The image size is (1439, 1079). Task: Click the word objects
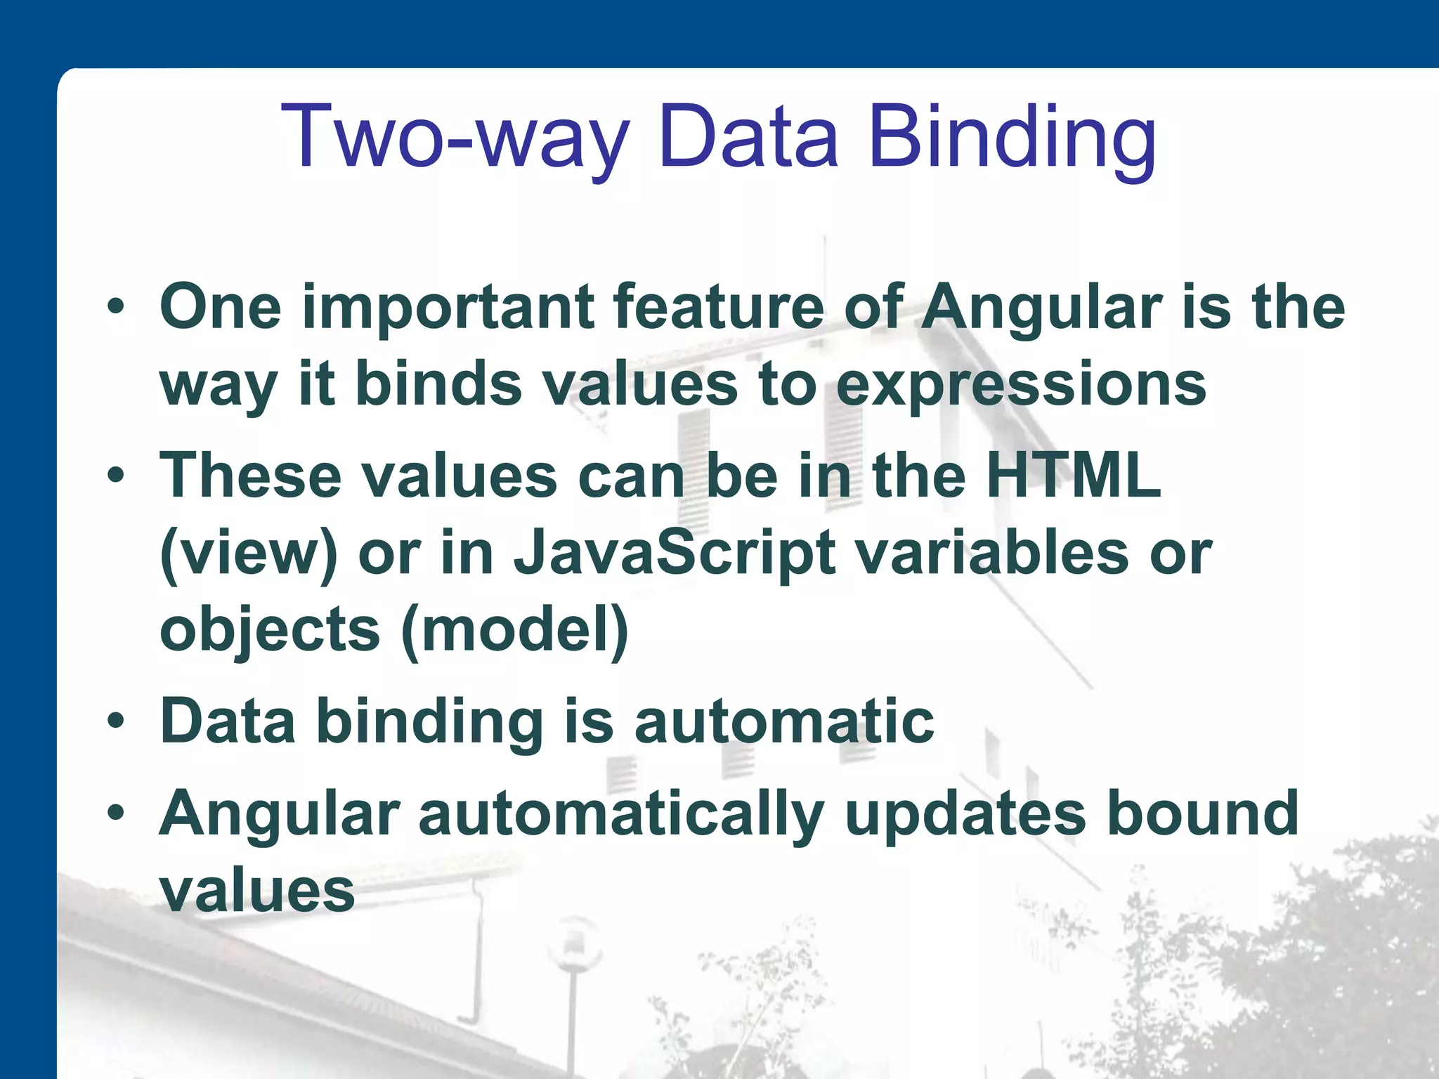(x=271, y=630)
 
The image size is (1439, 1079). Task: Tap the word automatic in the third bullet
(x=784, y=721)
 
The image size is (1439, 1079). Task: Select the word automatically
(x=621, y=815)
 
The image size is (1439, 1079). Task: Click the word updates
(x=965, y=815)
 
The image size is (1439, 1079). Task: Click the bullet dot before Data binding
(x=116, y=721)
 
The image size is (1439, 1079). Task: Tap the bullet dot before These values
(x=116, y=476)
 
